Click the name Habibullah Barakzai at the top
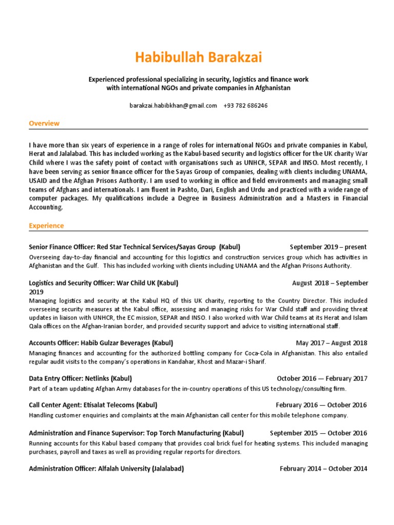(198, 57)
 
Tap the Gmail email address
(173, 106)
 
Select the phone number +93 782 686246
(245, 106)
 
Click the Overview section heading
(44, 124)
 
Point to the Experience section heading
(46, 226)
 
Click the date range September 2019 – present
(328, 247)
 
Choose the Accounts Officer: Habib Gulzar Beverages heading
(101, 343)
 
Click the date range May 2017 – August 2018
(331, 343)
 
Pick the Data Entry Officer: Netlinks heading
(81, 379)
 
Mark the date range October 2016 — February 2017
(322, 379)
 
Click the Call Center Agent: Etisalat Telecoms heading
(93, 405)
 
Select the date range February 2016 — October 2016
(322, 405)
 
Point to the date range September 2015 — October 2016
(319, 433)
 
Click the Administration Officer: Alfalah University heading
(106, 469)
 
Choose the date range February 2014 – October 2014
(323, 469)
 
